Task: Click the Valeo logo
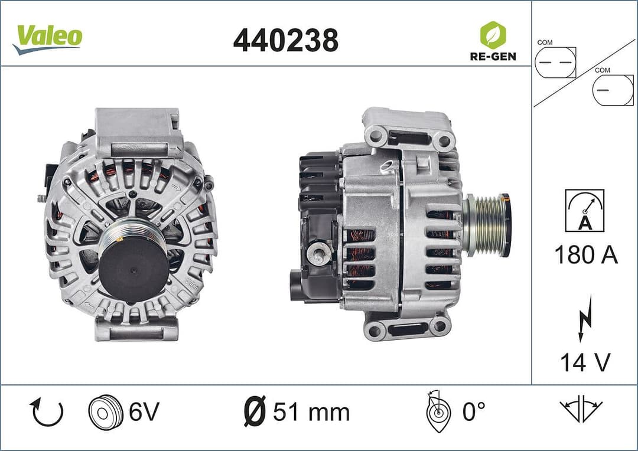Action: point(48,38)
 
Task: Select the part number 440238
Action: point(286,40)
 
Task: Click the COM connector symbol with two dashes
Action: point(555,62)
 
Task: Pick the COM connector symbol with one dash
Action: point(612,90)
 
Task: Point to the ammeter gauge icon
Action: point(584,210)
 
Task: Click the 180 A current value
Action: point(585,255)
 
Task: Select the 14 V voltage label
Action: point(585,362)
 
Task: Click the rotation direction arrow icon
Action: point(46,412)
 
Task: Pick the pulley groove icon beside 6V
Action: point(105,412)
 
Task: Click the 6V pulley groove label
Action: point(144,412)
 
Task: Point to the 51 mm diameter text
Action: point(311,412)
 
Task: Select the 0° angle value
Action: point(473,412)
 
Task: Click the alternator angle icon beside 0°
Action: point(437,412)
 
